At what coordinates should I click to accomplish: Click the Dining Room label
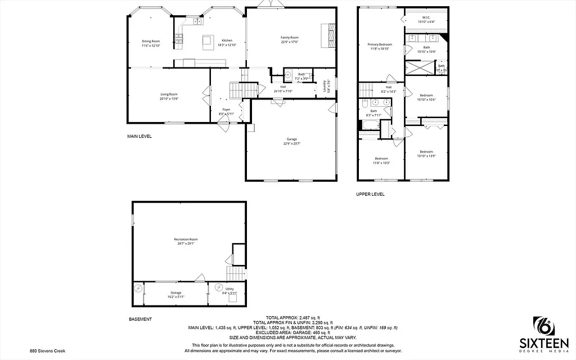(151, 41)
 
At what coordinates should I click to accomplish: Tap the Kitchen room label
(227, 40)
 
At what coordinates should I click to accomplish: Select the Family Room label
(290, 38)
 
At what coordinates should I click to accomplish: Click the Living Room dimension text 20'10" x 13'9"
(169, 98)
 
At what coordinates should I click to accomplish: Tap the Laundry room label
(325, 86)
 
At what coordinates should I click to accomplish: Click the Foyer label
(226, 110)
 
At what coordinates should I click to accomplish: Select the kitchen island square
(208, 40)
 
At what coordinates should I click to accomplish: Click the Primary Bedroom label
(380, 44)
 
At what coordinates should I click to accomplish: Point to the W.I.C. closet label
(426, 17)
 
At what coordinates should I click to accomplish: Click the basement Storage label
(176, 292)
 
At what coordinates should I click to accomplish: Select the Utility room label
(229, 289)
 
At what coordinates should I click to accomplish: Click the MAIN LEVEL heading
(139, 136)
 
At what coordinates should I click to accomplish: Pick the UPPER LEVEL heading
(370, 194)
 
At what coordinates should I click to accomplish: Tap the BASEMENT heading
(140, 319)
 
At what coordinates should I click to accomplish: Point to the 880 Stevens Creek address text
(48, 350)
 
